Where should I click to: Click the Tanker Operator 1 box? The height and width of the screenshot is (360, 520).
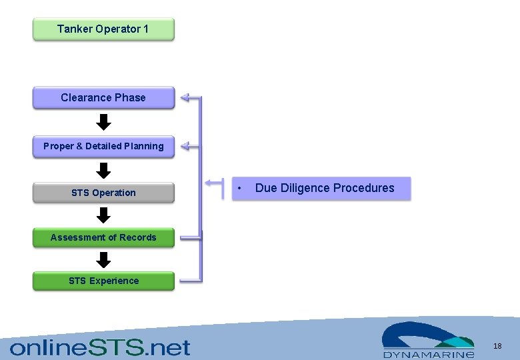(103, 29)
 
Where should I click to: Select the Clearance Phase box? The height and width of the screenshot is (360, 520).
(103, 97)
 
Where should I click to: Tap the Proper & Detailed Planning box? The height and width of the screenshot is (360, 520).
(103, 146)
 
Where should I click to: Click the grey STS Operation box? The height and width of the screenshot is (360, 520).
(103, 193)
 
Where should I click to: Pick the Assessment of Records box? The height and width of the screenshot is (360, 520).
(103, 237)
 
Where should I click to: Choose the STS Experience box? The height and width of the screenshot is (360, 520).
(103, 281)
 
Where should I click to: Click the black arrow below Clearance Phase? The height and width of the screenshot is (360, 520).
(103, 122)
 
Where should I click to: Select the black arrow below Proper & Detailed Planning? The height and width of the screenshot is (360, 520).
(103, 170)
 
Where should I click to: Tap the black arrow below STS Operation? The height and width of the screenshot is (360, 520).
(103, 215)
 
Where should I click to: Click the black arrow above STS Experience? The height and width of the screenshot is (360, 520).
(103, 259)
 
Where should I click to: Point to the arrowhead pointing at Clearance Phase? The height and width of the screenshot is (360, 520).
(186, 98)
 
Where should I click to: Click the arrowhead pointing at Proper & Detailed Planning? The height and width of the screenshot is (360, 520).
(186, 145)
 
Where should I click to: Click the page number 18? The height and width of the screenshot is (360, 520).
(497, 346)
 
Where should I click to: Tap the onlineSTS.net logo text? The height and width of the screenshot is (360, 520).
(100, 347)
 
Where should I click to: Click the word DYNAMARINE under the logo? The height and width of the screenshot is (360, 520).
(429, 355)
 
